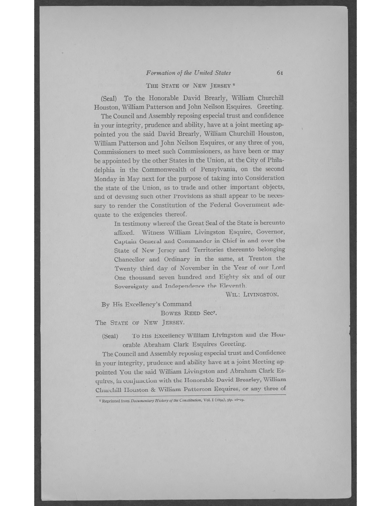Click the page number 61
(x=280, y=73)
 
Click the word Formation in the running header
(x=161, y=73)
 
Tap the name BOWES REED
(x=178, y=313)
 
